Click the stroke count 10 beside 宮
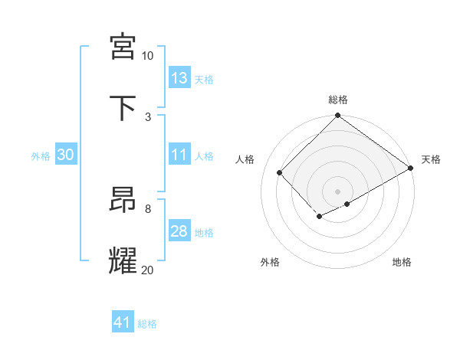pos(147,56)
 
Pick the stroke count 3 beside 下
pos(148,116)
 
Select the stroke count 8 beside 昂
pos(148,208)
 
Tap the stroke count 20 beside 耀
pos(147,270)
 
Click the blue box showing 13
pos(179,78)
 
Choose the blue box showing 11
pos(179,155)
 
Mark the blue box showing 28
pos(179,231)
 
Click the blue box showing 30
pos(65,155)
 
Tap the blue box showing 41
pos(123,322)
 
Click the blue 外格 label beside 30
pos(41,155)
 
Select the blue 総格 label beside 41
pos(147,324)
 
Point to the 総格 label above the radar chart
pos(338,100)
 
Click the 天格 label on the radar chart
pos(431,159)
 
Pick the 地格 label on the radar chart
pos(402,262)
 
